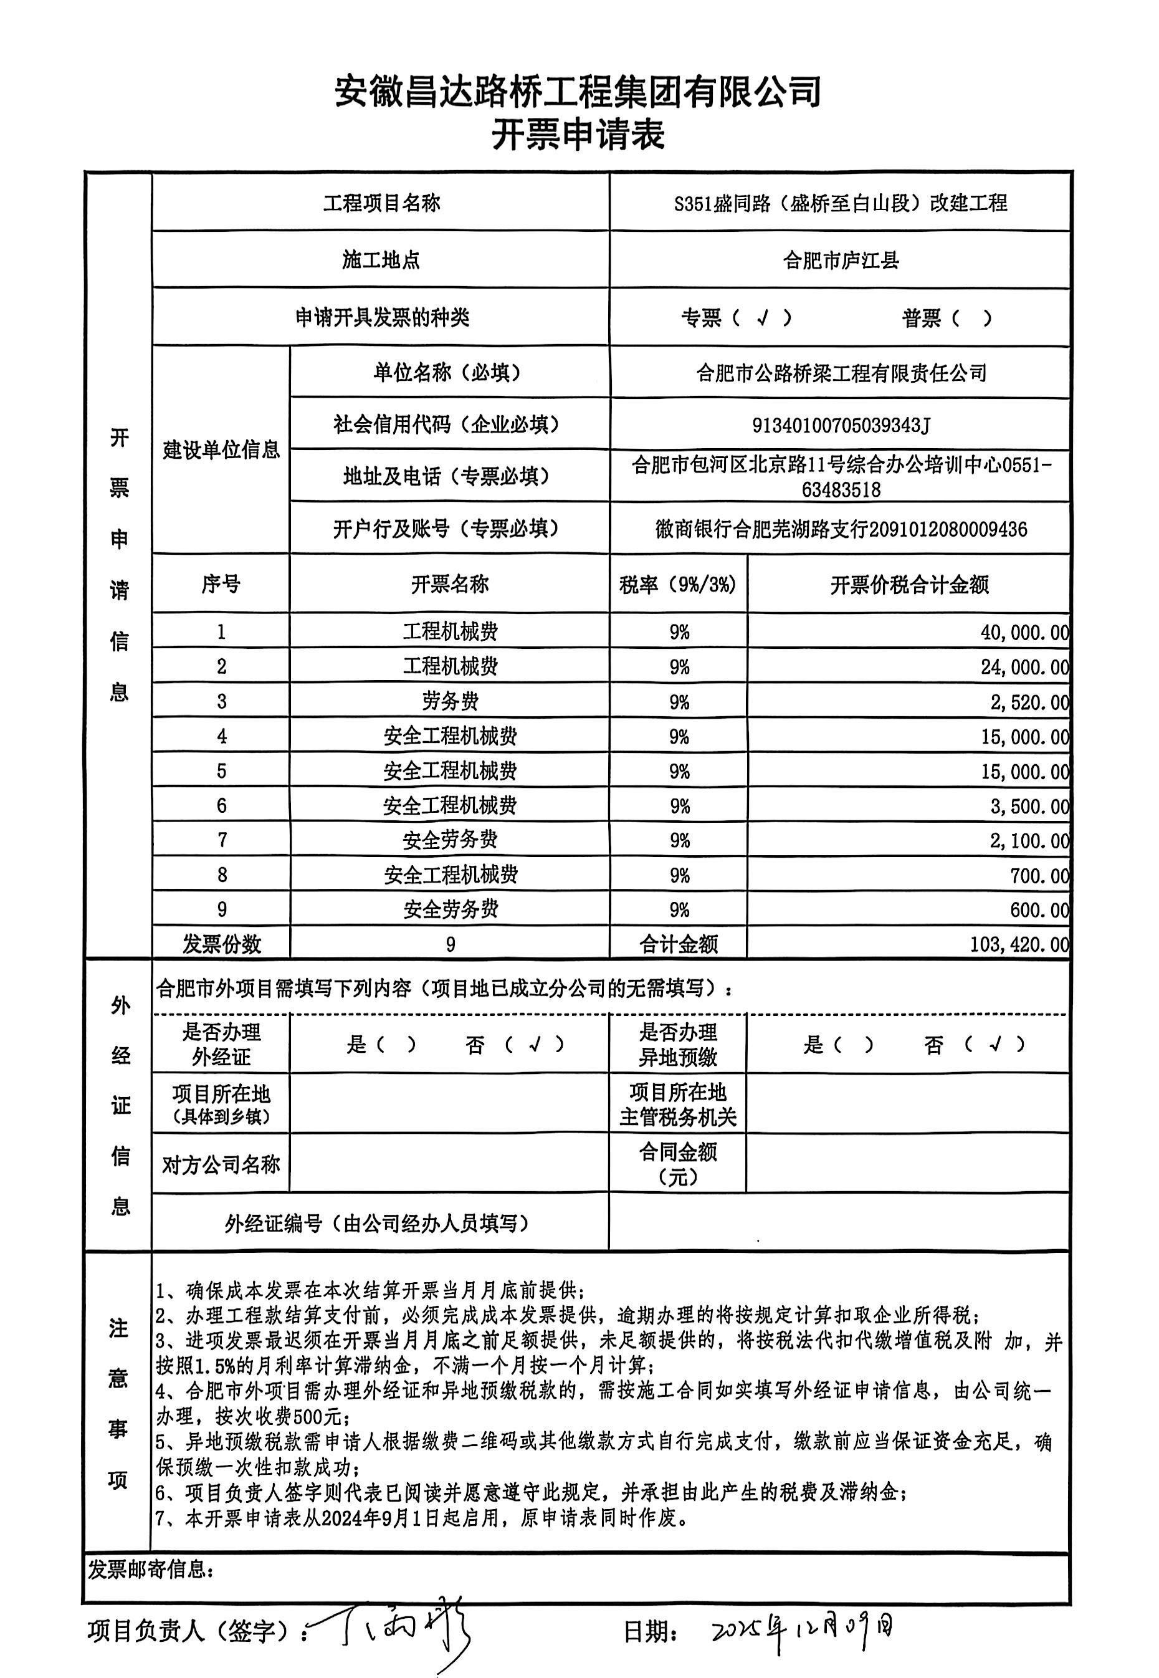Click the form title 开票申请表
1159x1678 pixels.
click(x=578, y=136)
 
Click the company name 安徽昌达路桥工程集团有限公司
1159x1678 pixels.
click(x=578, y=92)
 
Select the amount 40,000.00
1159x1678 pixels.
click(x=1024, y=633)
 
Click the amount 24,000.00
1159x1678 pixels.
click(x=1024, y=668)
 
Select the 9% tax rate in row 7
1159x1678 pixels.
click(x=679, y=840)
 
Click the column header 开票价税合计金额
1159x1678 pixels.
click(x=909, y=585)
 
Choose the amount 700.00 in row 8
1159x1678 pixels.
click(x=1039, y=875)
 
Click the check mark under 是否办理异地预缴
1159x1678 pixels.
click(x=996, y=1045)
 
